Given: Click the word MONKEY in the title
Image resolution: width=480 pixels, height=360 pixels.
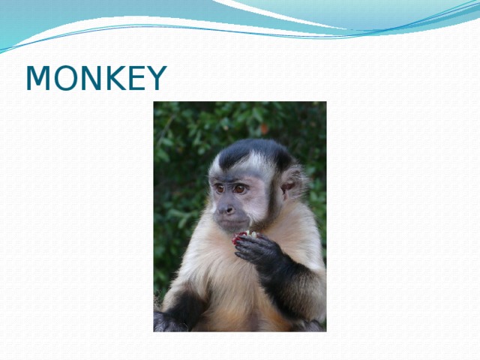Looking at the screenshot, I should click(95, 79).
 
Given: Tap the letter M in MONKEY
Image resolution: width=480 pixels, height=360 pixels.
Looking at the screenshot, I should click(38, 79).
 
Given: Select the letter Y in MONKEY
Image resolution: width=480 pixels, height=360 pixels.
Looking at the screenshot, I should click(156, 79).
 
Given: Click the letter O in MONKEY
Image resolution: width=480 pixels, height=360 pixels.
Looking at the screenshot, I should click(64, 79).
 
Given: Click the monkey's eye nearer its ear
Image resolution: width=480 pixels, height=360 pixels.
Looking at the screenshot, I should click(240, 189).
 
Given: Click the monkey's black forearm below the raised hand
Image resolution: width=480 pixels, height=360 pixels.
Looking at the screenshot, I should click(289, 285).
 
